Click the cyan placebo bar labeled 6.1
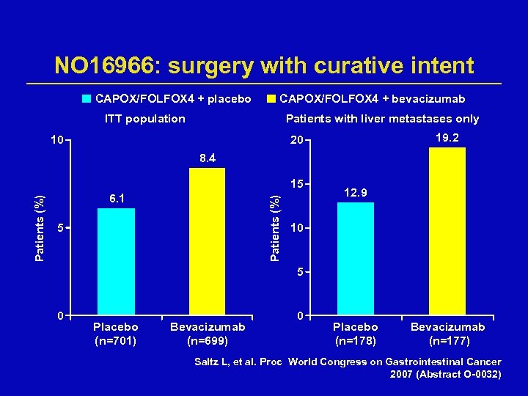tap(116, 262)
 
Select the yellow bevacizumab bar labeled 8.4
tap(207, 242)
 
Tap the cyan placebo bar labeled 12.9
tap(355, 259)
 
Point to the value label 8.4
tap(207, 158)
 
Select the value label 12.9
tap(355, 192)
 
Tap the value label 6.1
tap(116, 198)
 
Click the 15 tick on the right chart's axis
tap(296, 183)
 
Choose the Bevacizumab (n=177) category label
tap(447, 334)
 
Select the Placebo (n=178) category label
tap(356, 334)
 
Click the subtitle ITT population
tap(144, 119)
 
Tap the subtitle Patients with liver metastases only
tap(382, 119)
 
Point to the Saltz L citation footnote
tap(348, 368)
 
